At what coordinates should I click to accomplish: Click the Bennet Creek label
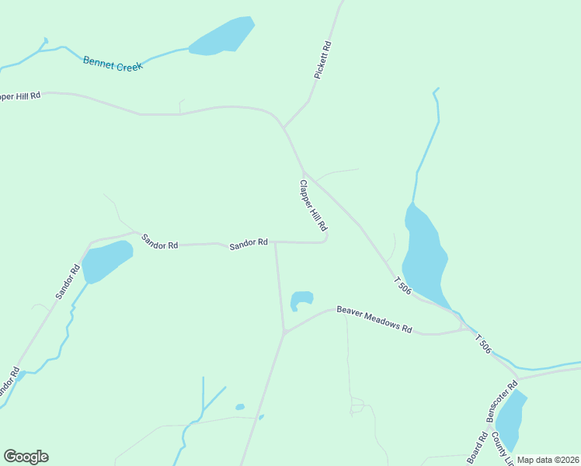[x=113, y=64]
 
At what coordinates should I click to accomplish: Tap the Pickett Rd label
[x=322, y=60]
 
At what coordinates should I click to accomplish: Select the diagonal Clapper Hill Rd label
[x=312, y=207]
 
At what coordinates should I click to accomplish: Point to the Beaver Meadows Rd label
[x=374, y=319]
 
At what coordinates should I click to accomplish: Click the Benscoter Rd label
[x=502, y=401]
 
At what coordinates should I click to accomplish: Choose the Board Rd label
[x=477, y=448]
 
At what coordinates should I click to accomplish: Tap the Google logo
[x=26, y=457]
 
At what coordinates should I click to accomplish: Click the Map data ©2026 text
[x=548, y=460]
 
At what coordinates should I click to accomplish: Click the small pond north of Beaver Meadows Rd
[x=301, y=299]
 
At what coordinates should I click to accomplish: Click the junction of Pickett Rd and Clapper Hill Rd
[x=284, y=127]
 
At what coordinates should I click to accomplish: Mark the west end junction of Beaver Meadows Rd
[x=284, y=333]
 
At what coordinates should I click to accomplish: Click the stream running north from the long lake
[x=429, y=148]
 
